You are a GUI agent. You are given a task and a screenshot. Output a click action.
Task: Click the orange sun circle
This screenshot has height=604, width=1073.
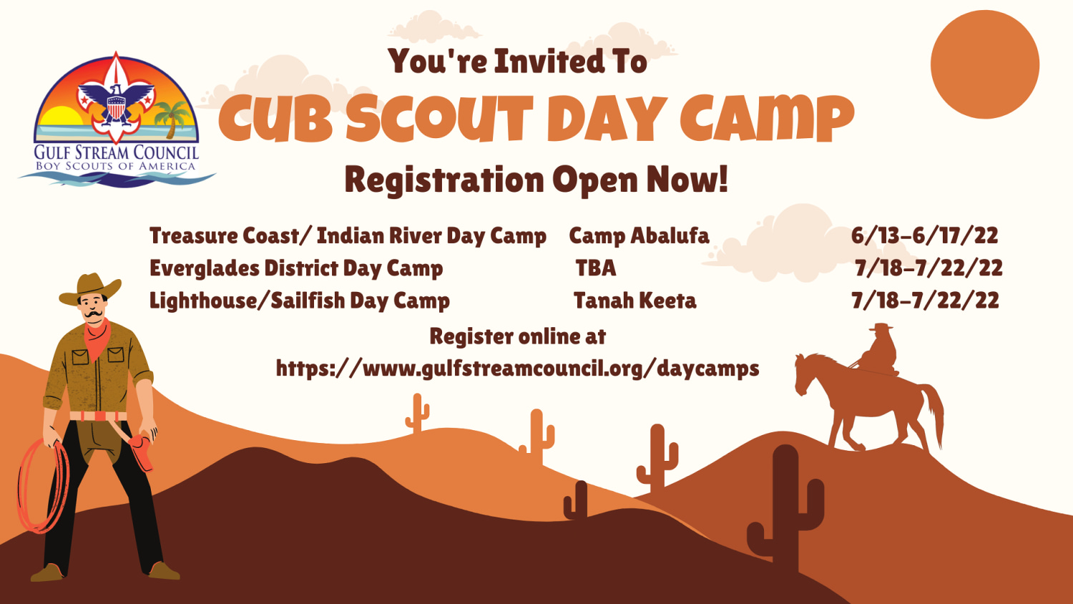pyautogui.click(x=984, y=64)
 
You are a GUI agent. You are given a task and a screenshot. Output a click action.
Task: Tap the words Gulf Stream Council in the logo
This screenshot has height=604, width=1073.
pyautogui.click(x=117, y=152)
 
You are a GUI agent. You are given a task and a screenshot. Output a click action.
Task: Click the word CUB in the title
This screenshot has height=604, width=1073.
pyautogui.click(x=276, y=118)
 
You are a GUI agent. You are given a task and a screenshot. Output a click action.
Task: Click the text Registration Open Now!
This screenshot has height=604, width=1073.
pyautogui.click(x=536, y=179)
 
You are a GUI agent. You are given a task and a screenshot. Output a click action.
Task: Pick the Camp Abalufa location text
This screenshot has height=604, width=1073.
pyautogui.click(x=639, y=235)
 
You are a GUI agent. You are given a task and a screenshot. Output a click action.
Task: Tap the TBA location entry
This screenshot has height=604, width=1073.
pyautogui.click(x=596, y=268)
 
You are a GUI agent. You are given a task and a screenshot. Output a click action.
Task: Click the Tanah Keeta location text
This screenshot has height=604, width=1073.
pyautogui.click(x=635, y=301)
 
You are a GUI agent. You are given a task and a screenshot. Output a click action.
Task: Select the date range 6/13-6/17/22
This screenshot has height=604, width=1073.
pyautogui.click(x=924, y=235)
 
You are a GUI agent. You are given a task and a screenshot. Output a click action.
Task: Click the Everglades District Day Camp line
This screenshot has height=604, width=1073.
pyautogui.click(x=296, y=268)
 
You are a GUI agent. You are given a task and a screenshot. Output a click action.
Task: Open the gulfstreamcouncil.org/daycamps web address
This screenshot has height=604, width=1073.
pyautogui.click(x=518, y=369)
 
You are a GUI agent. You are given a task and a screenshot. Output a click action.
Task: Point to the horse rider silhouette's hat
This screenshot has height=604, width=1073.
pyautogui.click(x=881, y=327)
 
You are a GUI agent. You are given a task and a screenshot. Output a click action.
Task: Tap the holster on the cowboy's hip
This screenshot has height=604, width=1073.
pyautogui.click(x=142, y=451)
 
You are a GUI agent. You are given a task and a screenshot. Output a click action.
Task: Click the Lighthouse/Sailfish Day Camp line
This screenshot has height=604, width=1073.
pyautogui.click(x=300, y=301)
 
